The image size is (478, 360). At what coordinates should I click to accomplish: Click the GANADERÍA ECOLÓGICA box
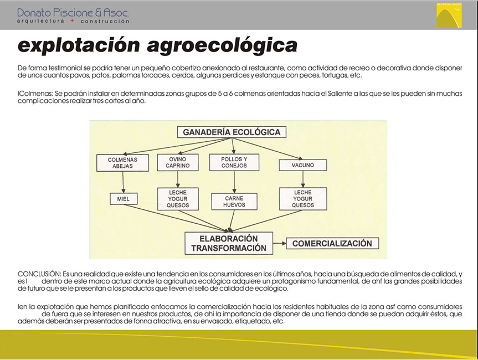point(232,132)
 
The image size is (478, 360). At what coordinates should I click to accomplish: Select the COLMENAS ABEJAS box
point(122,163)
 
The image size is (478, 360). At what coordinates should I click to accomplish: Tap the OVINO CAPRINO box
point(178,162)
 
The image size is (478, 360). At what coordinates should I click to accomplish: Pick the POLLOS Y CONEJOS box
point(234,162)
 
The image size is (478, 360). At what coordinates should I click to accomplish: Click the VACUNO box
point(303,165)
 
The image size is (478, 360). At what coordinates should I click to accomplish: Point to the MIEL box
point(124,199)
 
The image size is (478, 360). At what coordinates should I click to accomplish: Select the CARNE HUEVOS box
point(234,202)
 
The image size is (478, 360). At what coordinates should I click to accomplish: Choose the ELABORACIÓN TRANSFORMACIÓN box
point(229,243)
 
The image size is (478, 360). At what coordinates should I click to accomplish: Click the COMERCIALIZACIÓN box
point(332,243)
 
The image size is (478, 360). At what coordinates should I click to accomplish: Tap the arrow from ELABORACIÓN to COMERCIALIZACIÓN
point(279,243)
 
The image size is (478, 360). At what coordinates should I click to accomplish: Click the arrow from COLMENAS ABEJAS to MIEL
point(123,182)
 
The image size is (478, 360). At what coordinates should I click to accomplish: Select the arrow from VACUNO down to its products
point(303,179)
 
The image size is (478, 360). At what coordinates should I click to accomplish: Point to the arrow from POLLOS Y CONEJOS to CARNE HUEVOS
point(234,182)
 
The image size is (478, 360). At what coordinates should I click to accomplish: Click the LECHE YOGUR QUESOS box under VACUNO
point(303,199)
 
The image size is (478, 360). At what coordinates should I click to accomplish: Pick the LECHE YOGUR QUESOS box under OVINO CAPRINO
point(178,199)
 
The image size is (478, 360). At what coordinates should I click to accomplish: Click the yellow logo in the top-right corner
point(449,16)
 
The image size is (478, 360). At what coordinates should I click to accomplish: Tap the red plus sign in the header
point(72,20)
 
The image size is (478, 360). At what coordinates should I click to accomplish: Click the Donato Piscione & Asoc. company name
point(73,12)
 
